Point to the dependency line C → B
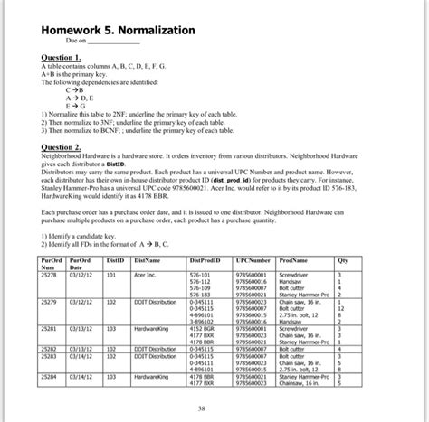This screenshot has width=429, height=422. tap(75, 90)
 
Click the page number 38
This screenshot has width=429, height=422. tap(214, 408)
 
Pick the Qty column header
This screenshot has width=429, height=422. tap(342, 259)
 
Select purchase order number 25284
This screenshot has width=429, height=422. tap(50, 374)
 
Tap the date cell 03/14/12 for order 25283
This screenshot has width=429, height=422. tap(81, 355)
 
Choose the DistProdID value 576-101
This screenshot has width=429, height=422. tap(199, 273)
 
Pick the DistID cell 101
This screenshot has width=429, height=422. tap(111, 273)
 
